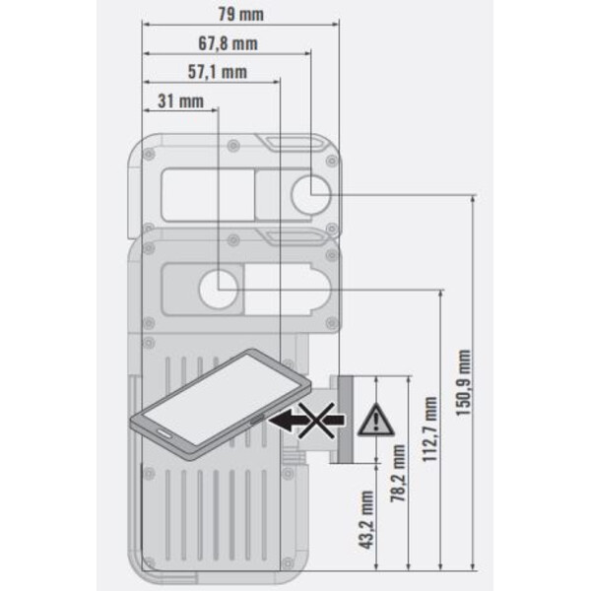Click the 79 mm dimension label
[x=240, y=15]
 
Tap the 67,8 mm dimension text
[x=229, y=43]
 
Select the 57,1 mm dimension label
[x=218, y=72]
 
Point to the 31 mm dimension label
[x=180, y=101]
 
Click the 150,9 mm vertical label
[x=464, y=382]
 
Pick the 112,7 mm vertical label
[x=429, y=428]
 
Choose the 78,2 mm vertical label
[x=398, y=473]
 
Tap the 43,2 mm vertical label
[x=365, y=519]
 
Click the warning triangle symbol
[x=376, y=420]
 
